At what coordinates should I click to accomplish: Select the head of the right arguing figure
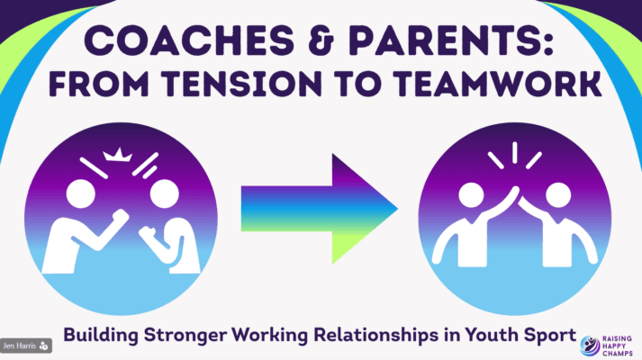click(163, 196)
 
